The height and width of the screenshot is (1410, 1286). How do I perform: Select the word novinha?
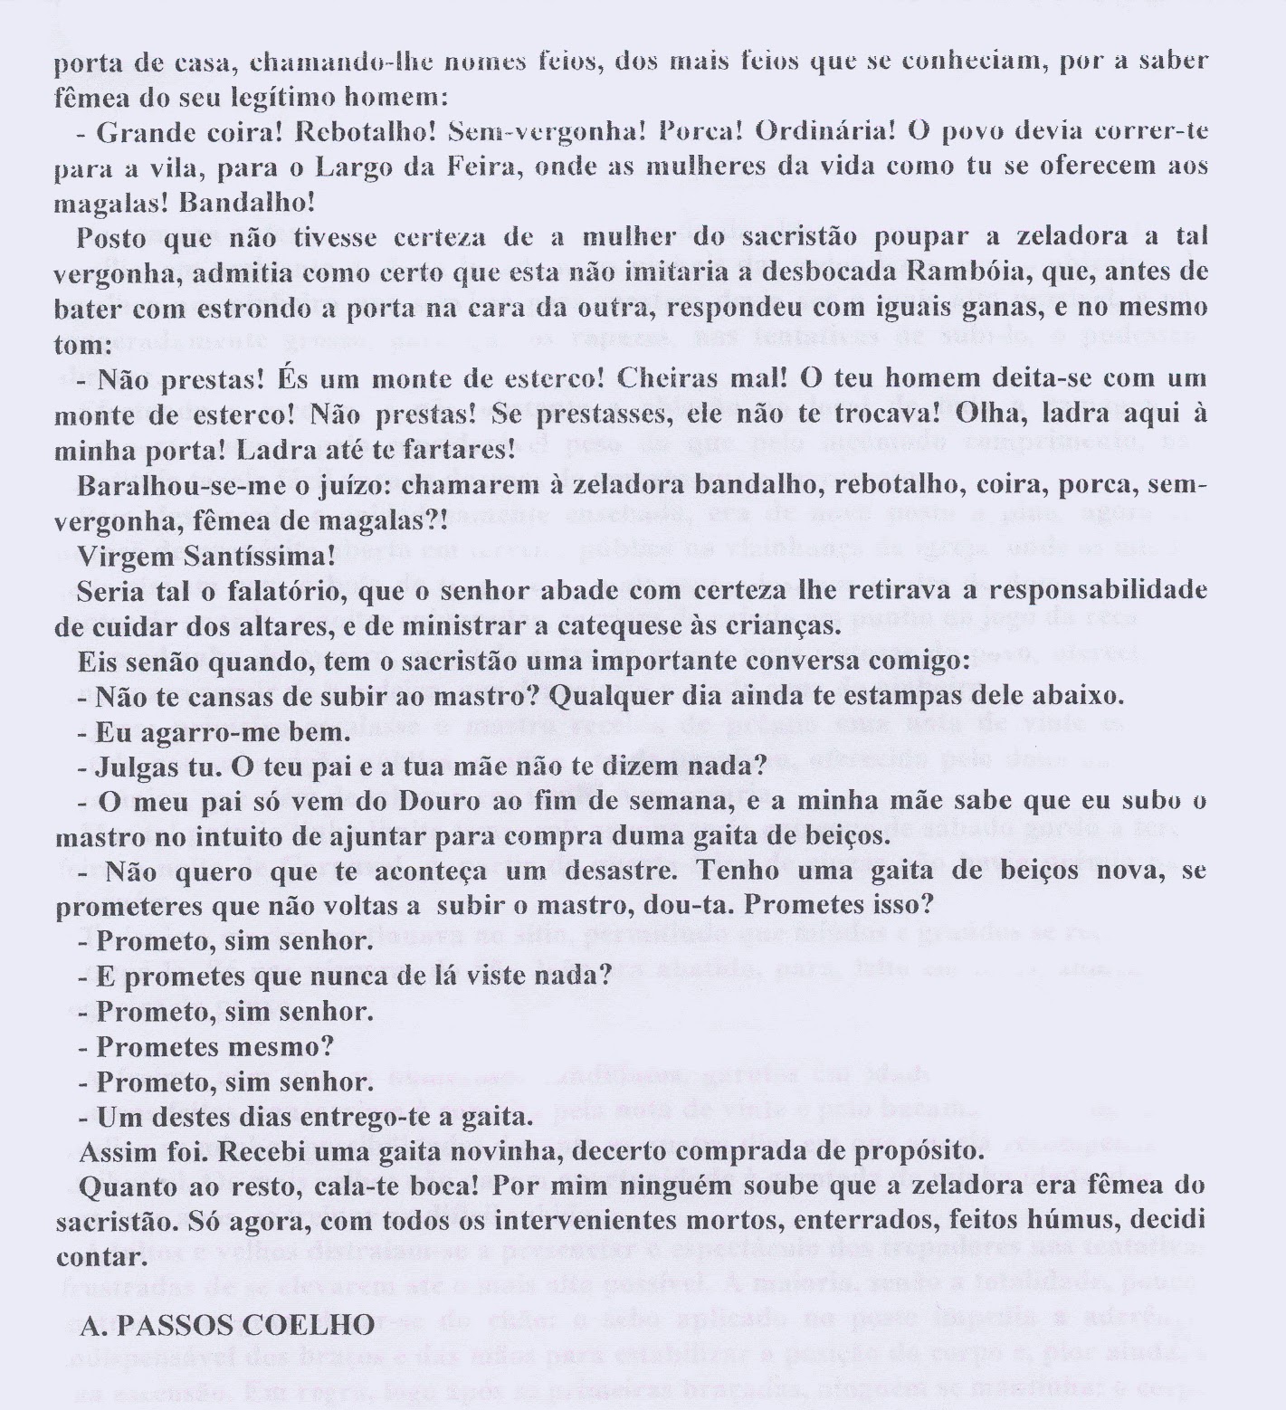pos(472,1152)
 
